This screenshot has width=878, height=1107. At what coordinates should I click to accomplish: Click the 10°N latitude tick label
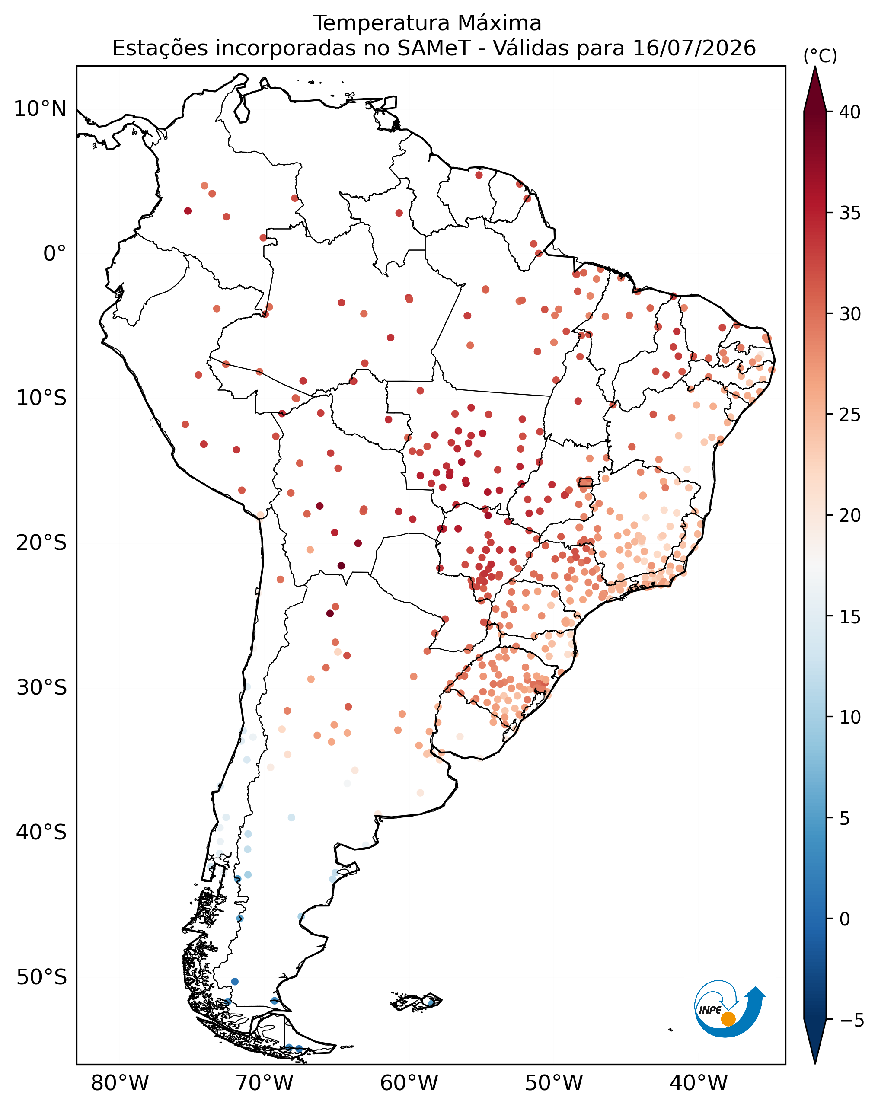(x=40, y=109)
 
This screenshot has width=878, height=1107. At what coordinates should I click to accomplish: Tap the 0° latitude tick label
(x=54, y=254)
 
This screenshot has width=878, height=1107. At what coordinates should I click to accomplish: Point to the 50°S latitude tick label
(x=41, y=977)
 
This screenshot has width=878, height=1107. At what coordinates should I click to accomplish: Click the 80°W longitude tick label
(x=120, y=1083)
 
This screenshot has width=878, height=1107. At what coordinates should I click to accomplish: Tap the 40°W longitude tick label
(x=698, y=1083)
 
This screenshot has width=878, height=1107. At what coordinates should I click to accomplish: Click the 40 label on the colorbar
(x=850, y=112)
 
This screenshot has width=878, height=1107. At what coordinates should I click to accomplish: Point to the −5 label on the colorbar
(x=852, y=1020)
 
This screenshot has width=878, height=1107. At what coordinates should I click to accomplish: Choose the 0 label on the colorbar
(x=845, y=919)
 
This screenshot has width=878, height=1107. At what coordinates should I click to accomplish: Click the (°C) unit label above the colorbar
(x=820, y=56)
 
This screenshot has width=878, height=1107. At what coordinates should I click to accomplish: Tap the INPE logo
(x=729, y=1011)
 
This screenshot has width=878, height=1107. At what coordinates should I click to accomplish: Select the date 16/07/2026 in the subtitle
(x=694, y=49)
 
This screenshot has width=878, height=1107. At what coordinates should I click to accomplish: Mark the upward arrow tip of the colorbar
(x=815, y=66)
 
